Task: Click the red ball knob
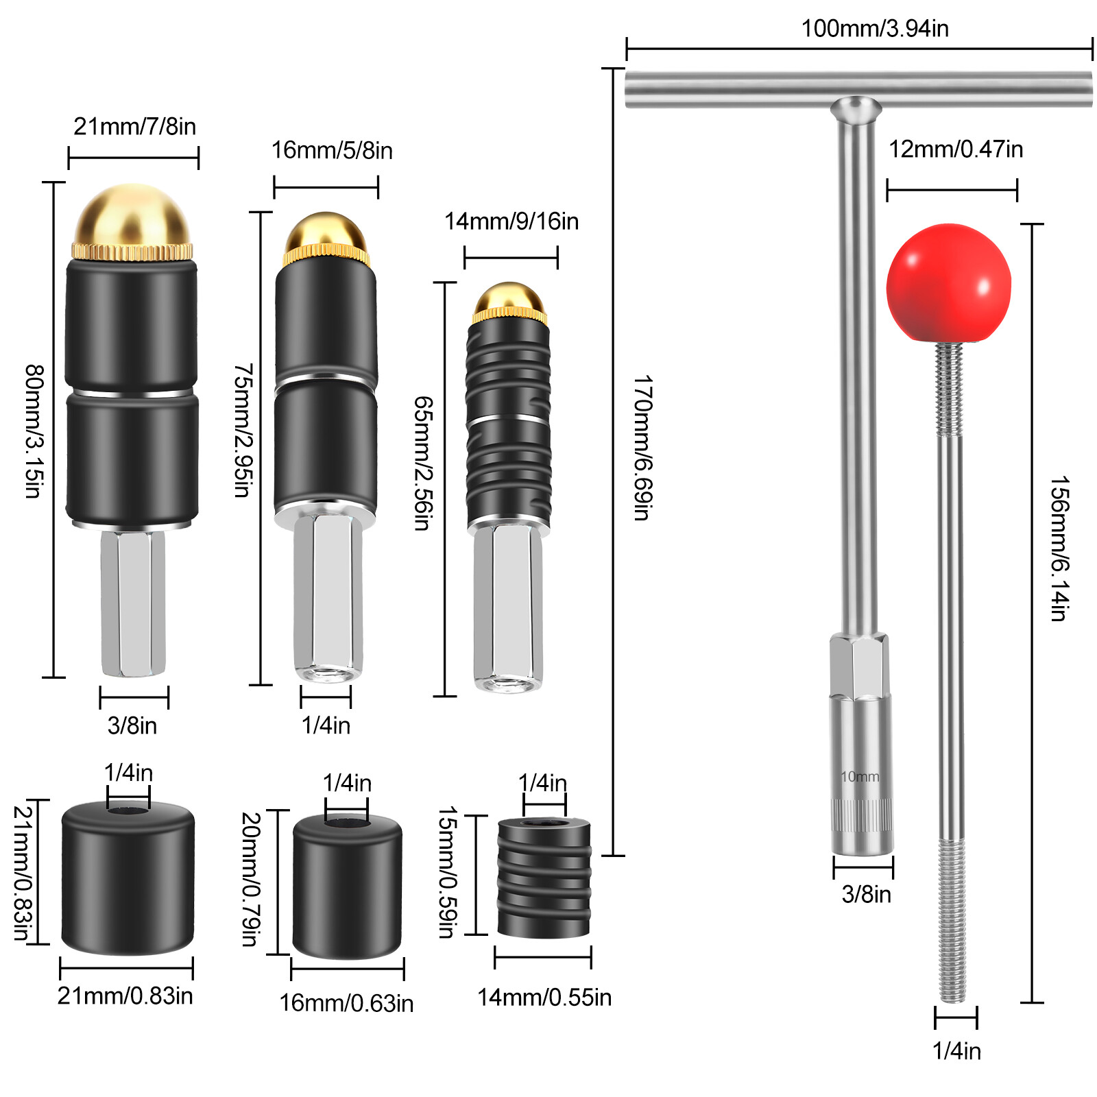(x=948, y=283)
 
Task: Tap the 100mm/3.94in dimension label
(x=875, y=29)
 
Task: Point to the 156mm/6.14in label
(x=1059, y=548)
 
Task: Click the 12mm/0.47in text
(x=956, y=149)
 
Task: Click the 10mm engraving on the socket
(x=860, y=777)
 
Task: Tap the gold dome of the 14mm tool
(x=509, y=298)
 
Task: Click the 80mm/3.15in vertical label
(x=34, y=431)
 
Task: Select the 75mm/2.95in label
(x=243, y=430)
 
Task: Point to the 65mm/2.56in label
(x=423, y=463)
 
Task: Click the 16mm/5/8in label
(x=332, y=151)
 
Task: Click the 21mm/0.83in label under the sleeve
(x=125, y=996)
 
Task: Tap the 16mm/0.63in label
(x=346, y=1003)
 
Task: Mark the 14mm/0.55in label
(x=544, y=998)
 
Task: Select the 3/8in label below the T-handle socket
(x=866, y=894)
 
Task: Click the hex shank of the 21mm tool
(x=133, y=603)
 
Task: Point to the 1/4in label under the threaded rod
(x=956, y=1050)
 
